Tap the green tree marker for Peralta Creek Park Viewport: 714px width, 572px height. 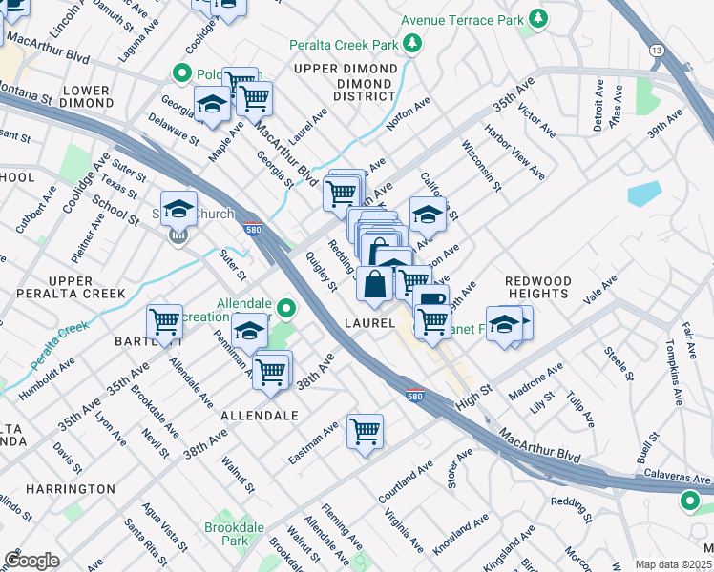tap(412, 43)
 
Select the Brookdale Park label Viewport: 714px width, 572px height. tap(227, 532)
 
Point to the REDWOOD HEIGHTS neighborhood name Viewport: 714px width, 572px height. tap(537, 289)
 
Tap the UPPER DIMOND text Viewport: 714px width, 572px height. tap(344, 69)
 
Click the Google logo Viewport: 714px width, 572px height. tap(31, 561)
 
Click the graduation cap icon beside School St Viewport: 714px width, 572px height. tap(178, 207)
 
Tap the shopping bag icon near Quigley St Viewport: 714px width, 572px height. tap(377, 283)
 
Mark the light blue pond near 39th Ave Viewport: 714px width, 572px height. tap(644, 194)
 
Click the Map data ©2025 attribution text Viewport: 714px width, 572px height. tap(673, 564)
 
